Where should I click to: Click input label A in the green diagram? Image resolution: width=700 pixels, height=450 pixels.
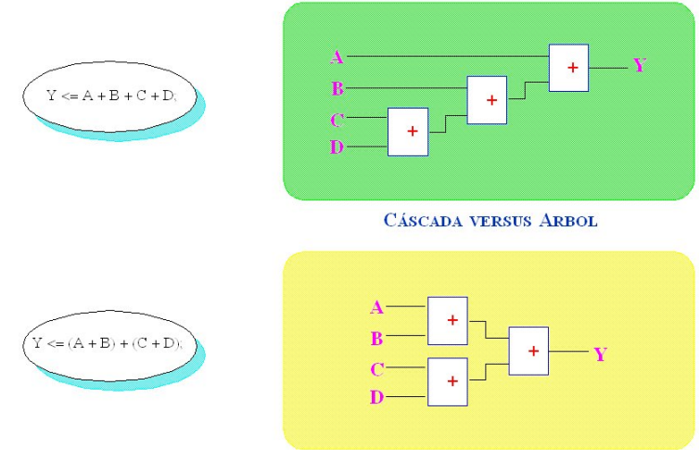click(337, 57)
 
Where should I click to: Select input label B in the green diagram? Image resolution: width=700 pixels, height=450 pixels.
click(337, 89)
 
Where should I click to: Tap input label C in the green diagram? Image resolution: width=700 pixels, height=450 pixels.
click(337, 118)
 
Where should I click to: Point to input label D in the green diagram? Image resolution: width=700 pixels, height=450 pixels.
click(337, 147)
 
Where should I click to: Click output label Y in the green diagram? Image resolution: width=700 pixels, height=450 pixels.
click(639, 65)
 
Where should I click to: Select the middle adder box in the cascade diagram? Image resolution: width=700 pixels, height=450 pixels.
click(487, 99)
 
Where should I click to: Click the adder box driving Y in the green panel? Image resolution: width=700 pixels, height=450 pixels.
click(568, 67)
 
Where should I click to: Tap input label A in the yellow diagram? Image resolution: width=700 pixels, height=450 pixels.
click(376, 307)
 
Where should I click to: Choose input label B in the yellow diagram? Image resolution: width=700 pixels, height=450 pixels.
click(376, 338)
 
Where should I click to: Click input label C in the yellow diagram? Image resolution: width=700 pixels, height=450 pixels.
click(376, 369)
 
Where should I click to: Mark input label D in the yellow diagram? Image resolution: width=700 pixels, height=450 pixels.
click(376, 398)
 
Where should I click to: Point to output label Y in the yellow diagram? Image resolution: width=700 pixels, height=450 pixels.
click(600, 354)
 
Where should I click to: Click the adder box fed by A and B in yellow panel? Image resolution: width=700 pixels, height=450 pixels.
click(447, 320)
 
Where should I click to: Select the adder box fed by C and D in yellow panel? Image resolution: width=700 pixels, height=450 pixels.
click(447, 380)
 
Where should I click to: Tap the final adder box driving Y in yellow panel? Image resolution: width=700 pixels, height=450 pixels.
click(528, 350)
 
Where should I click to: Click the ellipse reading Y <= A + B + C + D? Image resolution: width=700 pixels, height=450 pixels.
click(109, 95)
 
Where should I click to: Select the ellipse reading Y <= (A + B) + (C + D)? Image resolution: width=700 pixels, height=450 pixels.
click(109, 344)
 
